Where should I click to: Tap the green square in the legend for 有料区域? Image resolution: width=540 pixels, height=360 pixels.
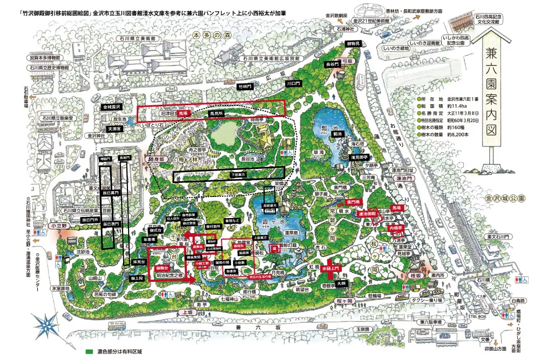[x=89, y=352]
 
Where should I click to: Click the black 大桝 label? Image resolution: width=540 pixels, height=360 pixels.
[x=340, y=282]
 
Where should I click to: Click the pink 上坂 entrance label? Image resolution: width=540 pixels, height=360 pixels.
[x=188, y=312]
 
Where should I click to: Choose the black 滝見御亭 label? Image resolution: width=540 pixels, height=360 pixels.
[x=360, y=157]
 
